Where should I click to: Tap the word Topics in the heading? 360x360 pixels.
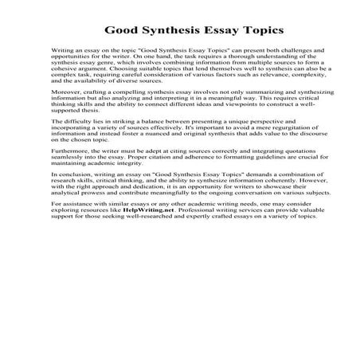pos(260,30)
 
